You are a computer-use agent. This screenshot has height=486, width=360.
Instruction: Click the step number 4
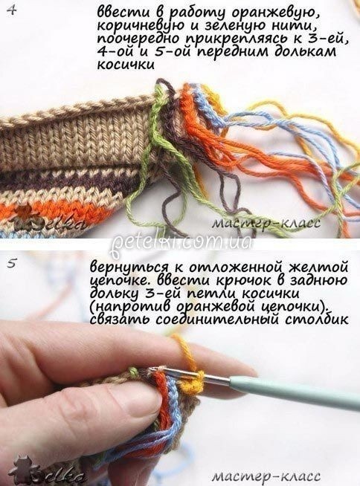point(12,12)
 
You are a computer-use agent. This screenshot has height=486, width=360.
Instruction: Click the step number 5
point(12,264)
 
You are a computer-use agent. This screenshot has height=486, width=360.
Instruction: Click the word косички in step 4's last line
point(126,65)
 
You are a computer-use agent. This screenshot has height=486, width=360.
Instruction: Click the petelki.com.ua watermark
point(181,242)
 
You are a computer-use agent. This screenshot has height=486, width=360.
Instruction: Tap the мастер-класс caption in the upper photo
point(265,223)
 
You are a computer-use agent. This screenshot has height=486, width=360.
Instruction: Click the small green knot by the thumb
point(133,371)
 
